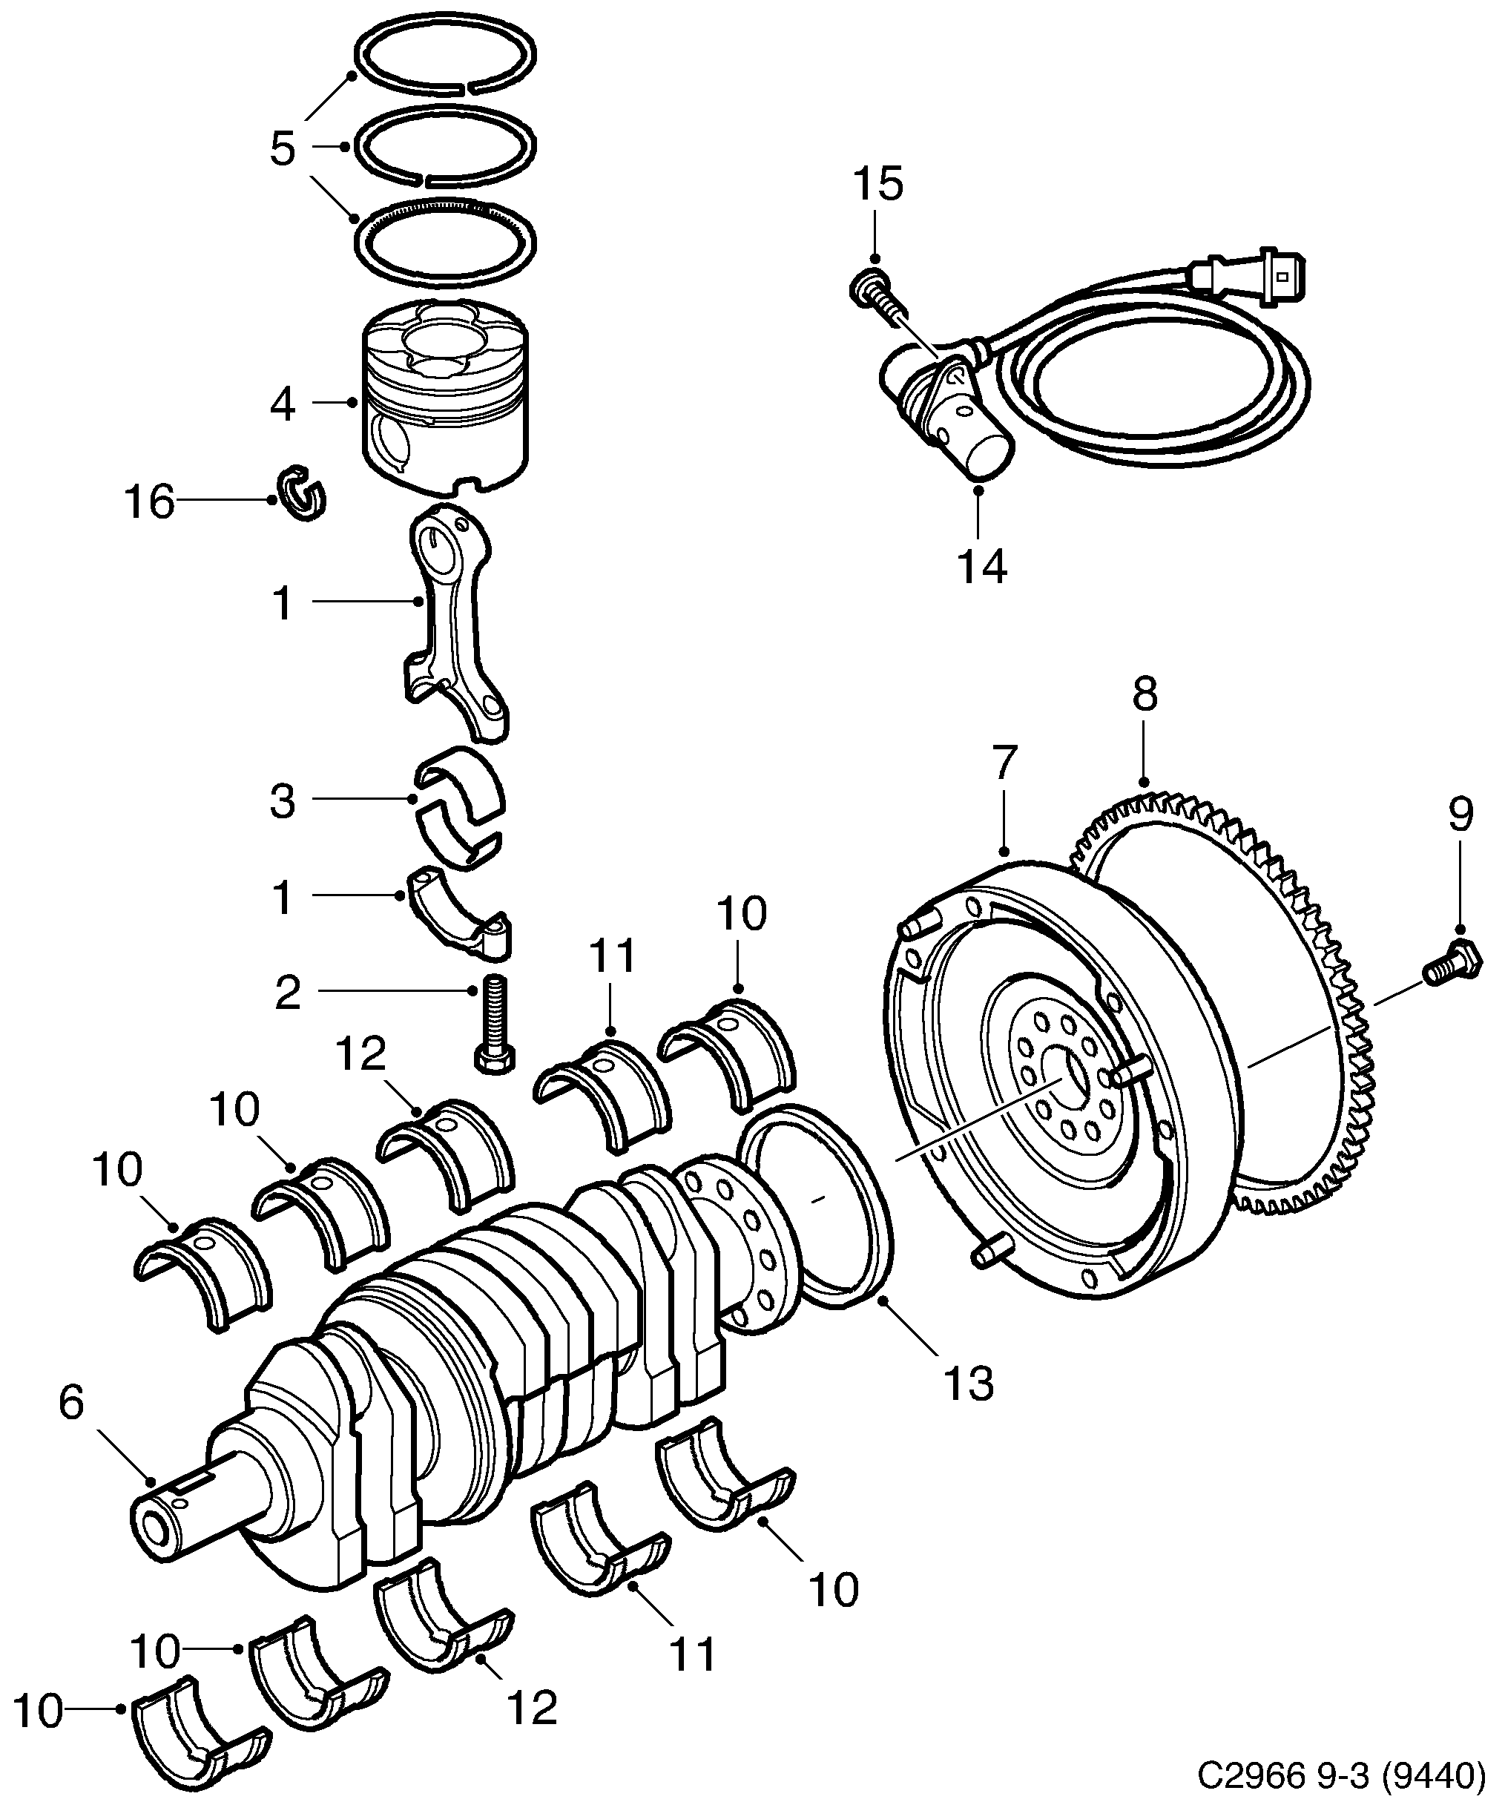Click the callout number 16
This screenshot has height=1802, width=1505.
coord(150,502)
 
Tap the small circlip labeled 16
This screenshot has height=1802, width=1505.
coord(300,493)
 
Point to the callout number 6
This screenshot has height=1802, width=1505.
coord(72,1403)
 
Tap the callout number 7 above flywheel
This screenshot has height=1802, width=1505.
coord(1005,762)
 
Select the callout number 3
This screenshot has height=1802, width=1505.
coord(283,800)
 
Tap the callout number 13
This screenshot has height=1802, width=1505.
coord(969,1384)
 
